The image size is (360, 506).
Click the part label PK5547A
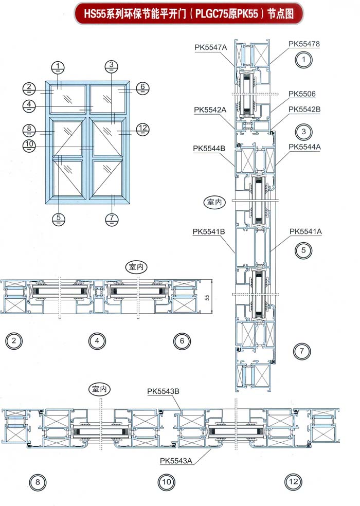(210, 47)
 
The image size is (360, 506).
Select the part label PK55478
(304, 44)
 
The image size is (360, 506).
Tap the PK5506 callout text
(302, 94)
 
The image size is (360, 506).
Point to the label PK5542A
(210, 110)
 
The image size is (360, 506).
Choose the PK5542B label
(304, 110)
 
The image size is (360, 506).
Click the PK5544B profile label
(209, 149)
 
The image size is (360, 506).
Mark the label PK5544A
(304, 147)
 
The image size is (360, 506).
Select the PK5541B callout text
(209, 232)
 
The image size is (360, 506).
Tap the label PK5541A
(305, 231)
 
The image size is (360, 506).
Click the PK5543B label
(163, 391)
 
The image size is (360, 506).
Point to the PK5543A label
(176, 461)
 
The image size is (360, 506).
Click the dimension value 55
(207, 297)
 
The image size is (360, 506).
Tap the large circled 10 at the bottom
(166, 482)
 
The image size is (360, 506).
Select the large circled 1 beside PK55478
(303, 60)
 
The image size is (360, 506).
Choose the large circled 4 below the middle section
(97, 341)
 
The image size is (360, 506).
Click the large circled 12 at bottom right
(293, 482)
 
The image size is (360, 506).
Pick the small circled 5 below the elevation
(59, 219)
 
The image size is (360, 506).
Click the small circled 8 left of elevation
(29, 130)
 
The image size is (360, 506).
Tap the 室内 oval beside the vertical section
(214, 202)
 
